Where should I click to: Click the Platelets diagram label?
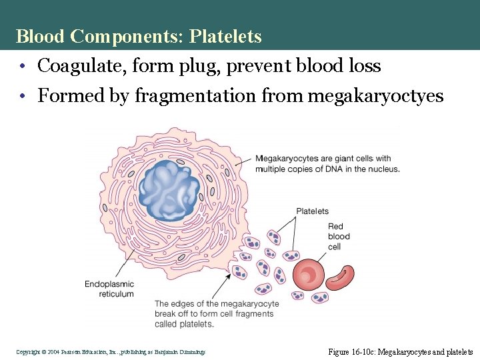point(312,211)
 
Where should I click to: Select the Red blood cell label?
point(339,237)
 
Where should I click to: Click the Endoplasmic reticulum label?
point(109,289)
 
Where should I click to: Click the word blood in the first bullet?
point(324,66)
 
